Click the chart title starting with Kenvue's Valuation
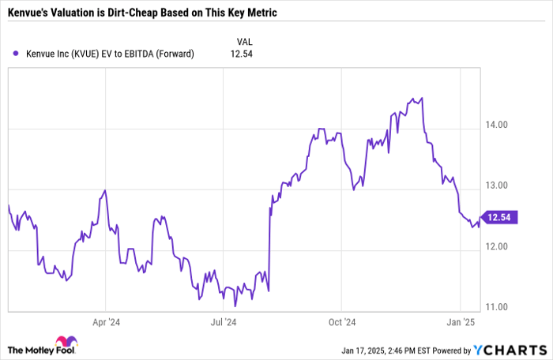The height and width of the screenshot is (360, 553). coord(143,14)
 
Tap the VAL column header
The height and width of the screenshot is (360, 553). coord(246,40)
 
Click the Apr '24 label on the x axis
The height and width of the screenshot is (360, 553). coord(105,322)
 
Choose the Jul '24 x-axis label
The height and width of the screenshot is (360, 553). coord(224,322)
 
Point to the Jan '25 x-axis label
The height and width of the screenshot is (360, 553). coord(461,322)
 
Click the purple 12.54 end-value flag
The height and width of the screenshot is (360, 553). coord(499,217)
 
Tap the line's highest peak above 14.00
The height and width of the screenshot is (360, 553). coord(422,99)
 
